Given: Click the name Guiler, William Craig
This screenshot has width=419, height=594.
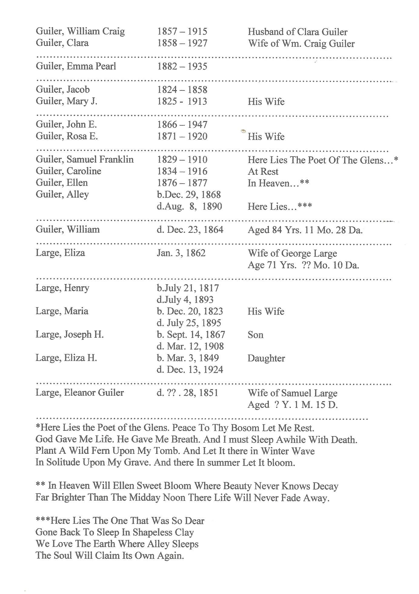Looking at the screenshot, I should click(80, 31).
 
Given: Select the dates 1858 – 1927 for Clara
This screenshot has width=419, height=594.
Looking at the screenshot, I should click(182, 43).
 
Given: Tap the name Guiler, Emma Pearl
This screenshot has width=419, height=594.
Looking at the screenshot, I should click(76, 66).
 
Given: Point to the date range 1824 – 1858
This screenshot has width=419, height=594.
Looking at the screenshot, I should click(182, 90).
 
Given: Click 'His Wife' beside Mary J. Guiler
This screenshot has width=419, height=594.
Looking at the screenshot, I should click(266, 101).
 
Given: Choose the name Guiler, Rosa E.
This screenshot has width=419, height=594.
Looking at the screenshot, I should click(67, 136).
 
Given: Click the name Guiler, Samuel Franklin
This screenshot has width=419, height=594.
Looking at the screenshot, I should click(85, 159).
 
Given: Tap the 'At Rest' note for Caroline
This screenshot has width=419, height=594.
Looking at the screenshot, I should click(263, 171).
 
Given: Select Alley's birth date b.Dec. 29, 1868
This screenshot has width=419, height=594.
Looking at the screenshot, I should click(189, 195).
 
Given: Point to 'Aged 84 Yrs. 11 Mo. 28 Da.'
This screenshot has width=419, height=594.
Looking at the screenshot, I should click(305, 230).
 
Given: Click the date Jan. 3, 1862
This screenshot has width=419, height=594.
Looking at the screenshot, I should click(181, 253).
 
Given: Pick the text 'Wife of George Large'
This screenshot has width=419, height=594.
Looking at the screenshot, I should click(292, 253).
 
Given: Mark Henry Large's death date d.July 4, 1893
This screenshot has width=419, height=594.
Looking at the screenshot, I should click(185, 300).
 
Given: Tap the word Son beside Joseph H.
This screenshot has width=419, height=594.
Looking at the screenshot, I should click(255, 334).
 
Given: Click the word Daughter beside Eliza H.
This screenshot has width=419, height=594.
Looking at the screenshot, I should click(266, 358).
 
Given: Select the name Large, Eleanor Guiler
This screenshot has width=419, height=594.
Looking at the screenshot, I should click(80, 392).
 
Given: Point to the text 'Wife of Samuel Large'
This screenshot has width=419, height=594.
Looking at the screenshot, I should click(292, 393).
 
